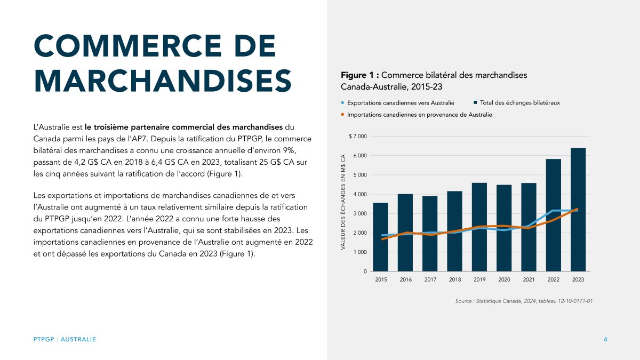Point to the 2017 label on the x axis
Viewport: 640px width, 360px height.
pyautogui.click(x=430, y=279)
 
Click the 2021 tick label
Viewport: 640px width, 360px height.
pyautogui.click(x=529, y=279)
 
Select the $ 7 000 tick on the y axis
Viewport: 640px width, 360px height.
pyautogui.click(x=357, y=137)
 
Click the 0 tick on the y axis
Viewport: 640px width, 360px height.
pyautogui.click(x=365, y=271)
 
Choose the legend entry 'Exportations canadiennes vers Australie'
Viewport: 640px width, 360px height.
pyautogui.click(x=400, y=102)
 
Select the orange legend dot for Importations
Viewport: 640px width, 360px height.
pyautogui.click(x=342, y=115)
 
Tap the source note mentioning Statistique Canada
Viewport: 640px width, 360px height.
pyautogui.click(x=524, y=301)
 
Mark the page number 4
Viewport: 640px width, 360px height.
pyautogui.click(x=605, y=340)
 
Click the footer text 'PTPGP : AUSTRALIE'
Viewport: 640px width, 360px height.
pyautogui.click(x=65, y=340)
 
